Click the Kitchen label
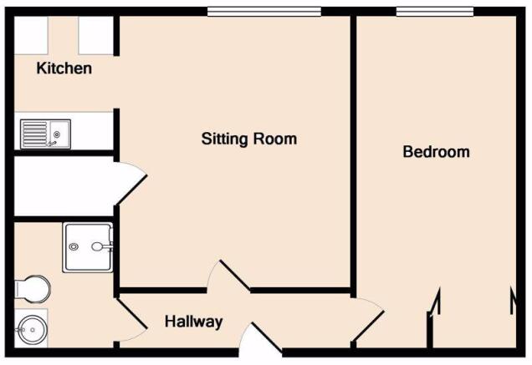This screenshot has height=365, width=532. pyautogui.click(x=64, y=68)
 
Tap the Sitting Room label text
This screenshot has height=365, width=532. pyautogui.click(x=249, y=139)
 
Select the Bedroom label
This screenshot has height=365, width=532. pyautogui.click(x=437, y=151)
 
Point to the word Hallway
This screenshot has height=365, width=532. pyautogui.click(x=194, y=322)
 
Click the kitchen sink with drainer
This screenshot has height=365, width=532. pyautogui.click(x=45, y=134)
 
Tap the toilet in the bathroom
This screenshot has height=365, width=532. pyautogui.click(x=33, y=290)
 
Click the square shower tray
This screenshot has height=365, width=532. pyautogui.click(x=88, y=247)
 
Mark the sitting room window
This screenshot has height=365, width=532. pyautogui.click(x=264, y=12)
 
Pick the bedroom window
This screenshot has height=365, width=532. pyautogui.click(x=435, y=12)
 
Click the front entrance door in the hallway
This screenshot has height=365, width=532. pyautogui.click(x=266, y=337)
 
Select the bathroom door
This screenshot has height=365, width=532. pyautogui.click(x=132, y=313)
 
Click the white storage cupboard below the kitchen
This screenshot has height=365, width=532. pyautogui.click(x=64, y=186)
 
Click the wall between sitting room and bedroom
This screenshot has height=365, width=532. pyautogui.click(x=353, y=156)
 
